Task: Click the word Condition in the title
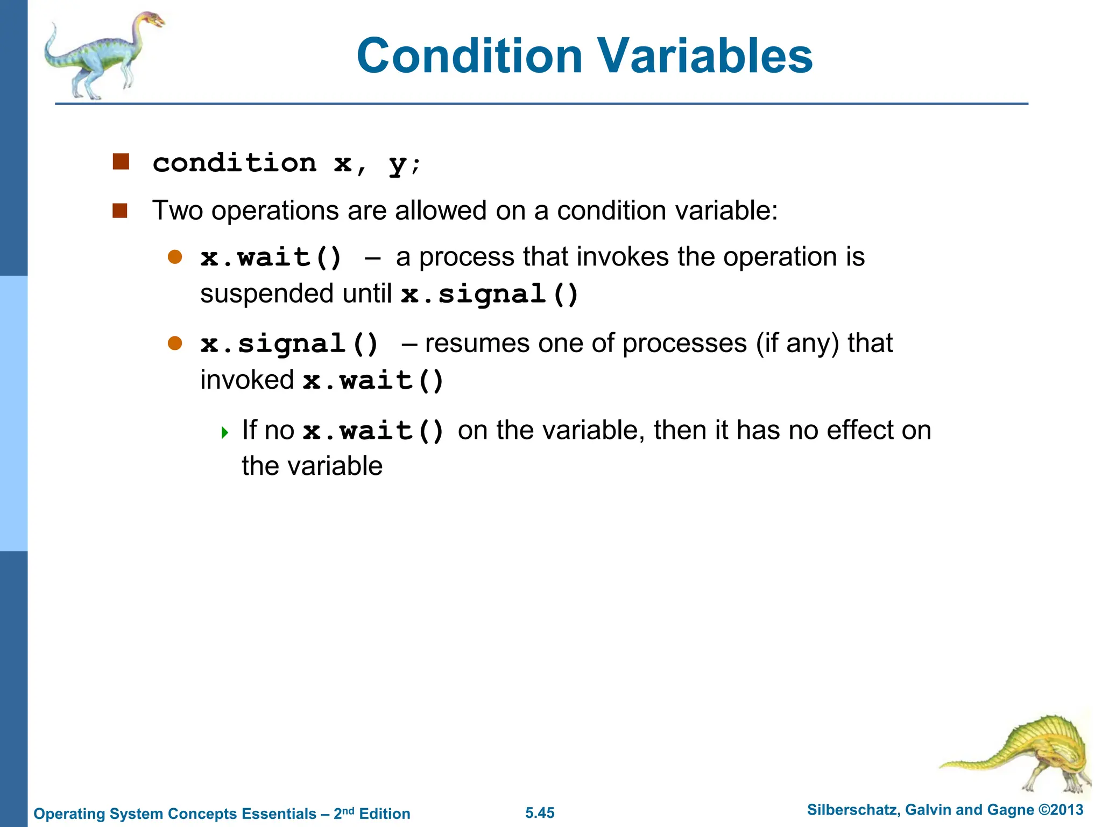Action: coord(469,56)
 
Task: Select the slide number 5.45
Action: coord(540,813)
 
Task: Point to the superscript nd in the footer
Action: coord(348,810)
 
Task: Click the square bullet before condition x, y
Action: coord(121,162)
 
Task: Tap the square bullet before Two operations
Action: coord(119,211)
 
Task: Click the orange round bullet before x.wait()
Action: coord(175,257)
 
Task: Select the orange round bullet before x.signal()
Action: coord(175,343)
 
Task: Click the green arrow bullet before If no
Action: coord(225,432)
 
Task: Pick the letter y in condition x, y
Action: coord(397,163)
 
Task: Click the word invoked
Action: coord(246,380)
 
